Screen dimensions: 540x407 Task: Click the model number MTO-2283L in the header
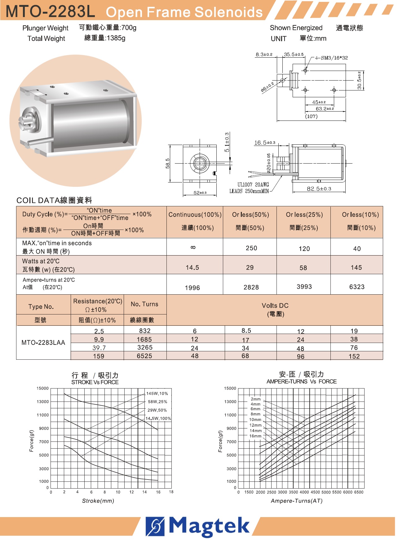(50, 11)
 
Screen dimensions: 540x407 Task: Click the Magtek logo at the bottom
(198, 526)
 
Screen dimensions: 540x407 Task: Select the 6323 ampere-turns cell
(357, 287)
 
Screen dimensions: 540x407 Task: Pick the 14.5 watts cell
(192, 268)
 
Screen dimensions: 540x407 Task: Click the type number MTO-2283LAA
(43, 343)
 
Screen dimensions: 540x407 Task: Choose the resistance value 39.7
(99, 348)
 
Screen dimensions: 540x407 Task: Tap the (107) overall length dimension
(311, 116)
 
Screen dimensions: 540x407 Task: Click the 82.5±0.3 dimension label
(319, 189)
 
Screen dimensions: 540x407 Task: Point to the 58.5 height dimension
(168, 163)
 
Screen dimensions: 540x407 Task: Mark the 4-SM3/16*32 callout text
(331, 58)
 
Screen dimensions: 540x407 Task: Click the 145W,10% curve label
(157, 393)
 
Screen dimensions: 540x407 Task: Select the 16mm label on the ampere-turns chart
(255, 436)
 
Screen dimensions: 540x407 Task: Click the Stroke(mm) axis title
(98, 501)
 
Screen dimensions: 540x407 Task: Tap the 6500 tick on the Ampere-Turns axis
(359, 492)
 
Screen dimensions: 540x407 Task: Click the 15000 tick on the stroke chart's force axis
(43, 389)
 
